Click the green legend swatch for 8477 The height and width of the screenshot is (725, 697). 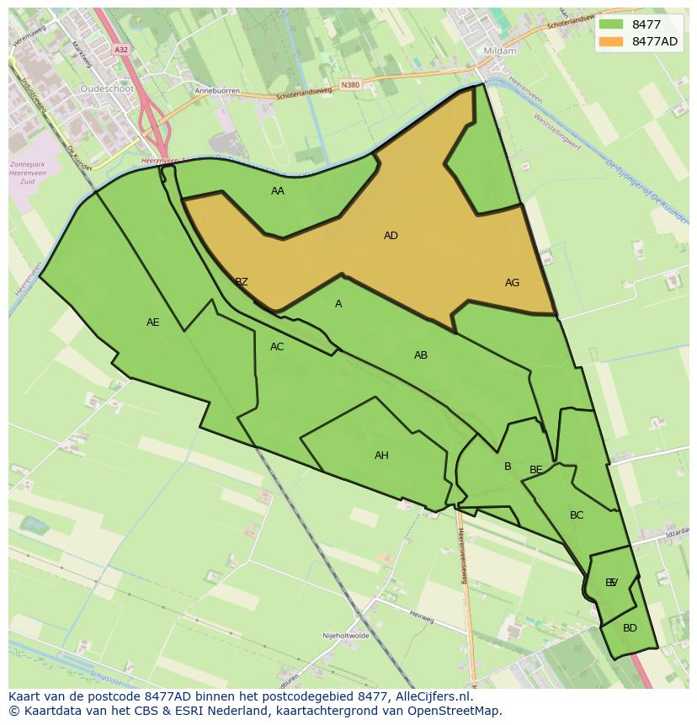pyautogui.click(x=611, y=24)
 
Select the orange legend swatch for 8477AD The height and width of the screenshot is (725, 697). pyautogui.click(x=611, y=41)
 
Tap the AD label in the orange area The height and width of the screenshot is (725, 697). pyautogui.click(x=391, y=236)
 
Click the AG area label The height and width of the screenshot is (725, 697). pyautogui.click(x=512, y=283)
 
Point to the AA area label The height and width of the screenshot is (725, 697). pyautogui.click(x=278, y=191)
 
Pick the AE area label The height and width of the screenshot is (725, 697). pyautogui.click(x=152, y=323)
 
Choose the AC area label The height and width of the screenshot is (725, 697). pyautogui.click(x=277, y=347)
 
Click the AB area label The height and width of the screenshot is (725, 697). pyautogui.click(x=421, y=355)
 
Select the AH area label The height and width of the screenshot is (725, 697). pyautogui.click(x=381, y=456)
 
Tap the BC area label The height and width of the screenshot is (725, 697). pyautogui.click(x=577, y=515)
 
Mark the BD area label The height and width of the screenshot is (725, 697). pyautogui.click(x=630, y=628)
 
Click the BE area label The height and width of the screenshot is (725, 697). pyautogui.click(x=536, y=470)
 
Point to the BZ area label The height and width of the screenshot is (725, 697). pyautogui.click(x=242, y=282)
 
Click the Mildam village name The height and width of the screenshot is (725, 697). pyautogui.click(x=499, y=51)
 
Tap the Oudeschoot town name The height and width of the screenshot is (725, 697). pyautogui.click(x=107, y=88)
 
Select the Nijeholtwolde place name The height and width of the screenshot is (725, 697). pyautogui.click(x=346, y=636)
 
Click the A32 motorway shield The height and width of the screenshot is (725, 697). pyautogui.click(x=121, y=50)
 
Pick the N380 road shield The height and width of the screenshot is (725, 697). pyautogui.click(x=350, y=85)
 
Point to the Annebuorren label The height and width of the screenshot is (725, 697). pyautogui.click(x=217, y=91)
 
